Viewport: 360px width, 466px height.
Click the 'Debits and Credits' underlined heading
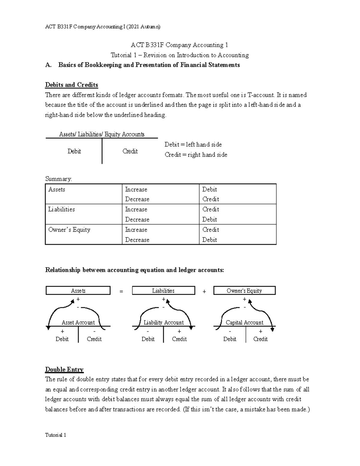tap(71, 85)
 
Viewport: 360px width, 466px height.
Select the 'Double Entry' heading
tap(64, 369)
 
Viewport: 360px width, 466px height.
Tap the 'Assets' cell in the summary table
tap(57, 190)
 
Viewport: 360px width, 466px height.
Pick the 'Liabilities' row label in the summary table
tap(61, 209)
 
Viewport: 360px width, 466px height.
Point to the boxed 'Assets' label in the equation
tap(78, 291)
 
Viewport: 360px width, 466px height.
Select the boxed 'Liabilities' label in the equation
tap(163, 291)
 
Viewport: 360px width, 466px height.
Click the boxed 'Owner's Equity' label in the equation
tap(244, 291)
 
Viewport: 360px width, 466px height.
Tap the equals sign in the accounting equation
tap(121, 291)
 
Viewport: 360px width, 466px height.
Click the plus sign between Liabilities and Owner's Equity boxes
tap(204, 291)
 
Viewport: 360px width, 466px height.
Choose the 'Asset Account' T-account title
tap(78, 323)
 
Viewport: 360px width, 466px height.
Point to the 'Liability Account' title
tap(163, 323)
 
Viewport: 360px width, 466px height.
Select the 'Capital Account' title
tap(244, 323)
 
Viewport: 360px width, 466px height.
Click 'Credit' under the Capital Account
tap(260, 339)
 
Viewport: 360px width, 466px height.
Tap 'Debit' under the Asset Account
tap(62, 339)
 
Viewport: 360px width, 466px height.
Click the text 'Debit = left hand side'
tap(193, 145)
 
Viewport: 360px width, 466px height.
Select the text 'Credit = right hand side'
tap(196, 155)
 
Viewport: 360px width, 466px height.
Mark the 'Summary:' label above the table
tap(58, 179)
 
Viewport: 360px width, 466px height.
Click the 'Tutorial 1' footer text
tap(55, 435)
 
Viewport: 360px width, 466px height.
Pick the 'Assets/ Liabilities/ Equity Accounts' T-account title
tap(102, 134)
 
